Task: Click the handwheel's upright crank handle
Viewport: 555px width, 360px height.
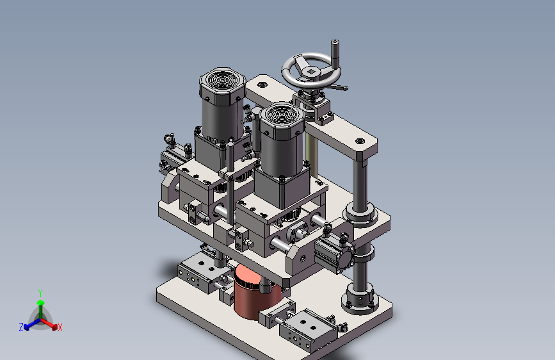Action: click(335, 52)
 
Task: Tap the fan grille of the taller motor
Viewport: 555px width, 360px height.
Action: click(222, 81)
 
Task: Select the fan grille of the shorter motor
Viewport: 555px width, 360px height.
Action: click(282, 114)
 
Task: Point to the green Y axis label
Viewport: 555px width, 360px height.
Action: click(40, 293)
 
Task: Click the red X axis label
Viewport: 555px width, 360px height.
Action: click(60, 327)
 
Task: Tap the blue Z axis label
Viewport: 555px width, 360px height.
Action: click(21, 327)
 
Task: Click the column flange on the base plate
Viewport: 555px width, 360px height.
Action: click(360, 300)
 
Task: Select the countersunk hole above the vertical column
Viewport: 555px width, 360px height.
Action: click(360, 141)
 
